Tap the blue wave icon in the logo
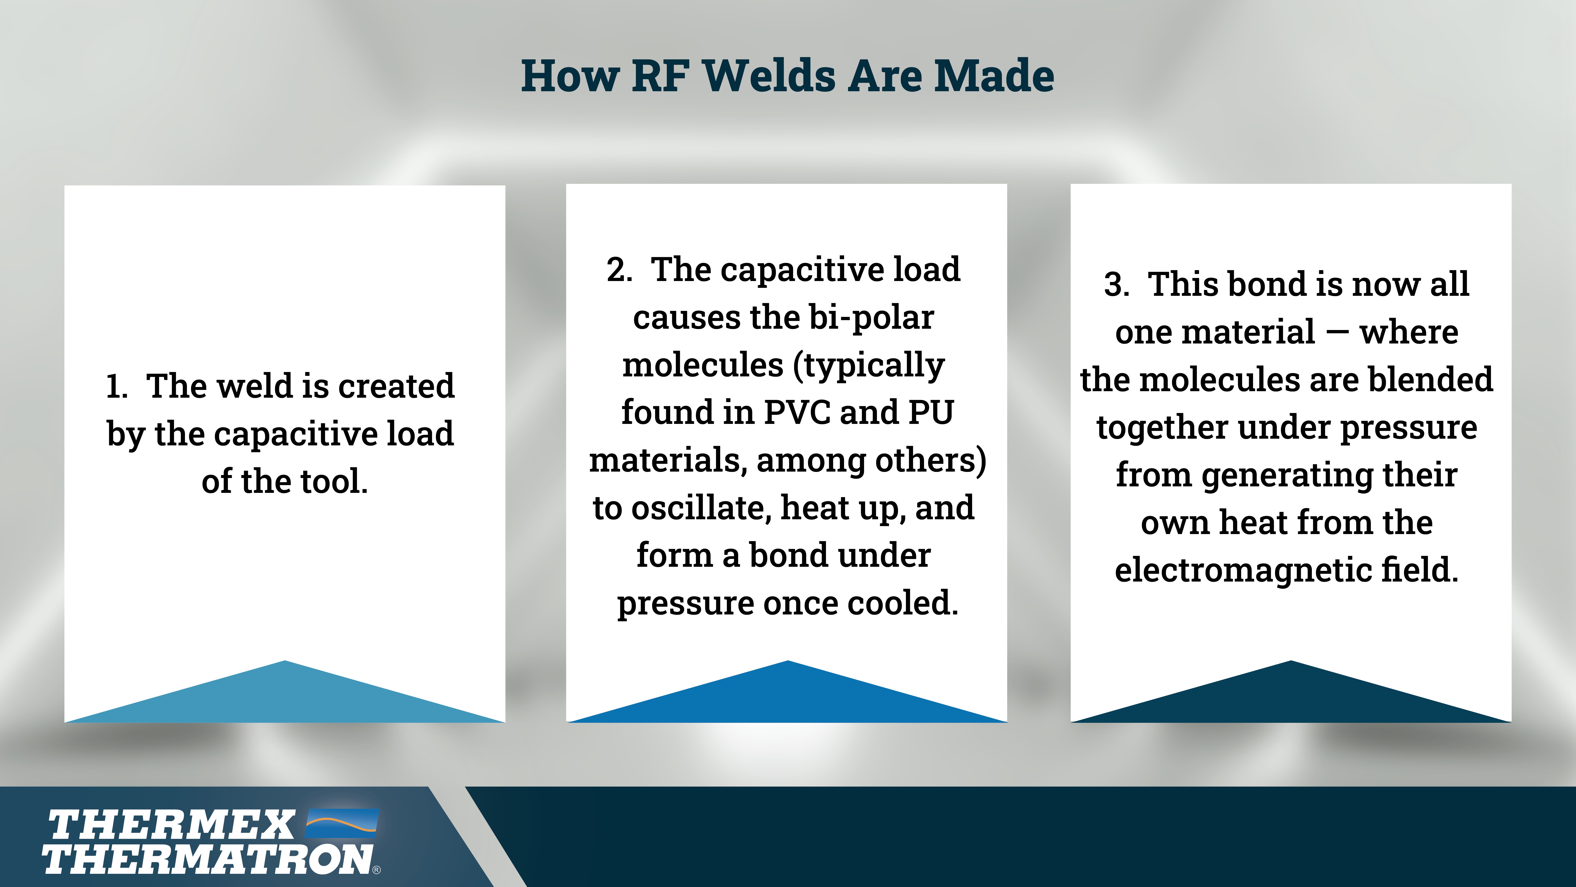click(x=342, y=823)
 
